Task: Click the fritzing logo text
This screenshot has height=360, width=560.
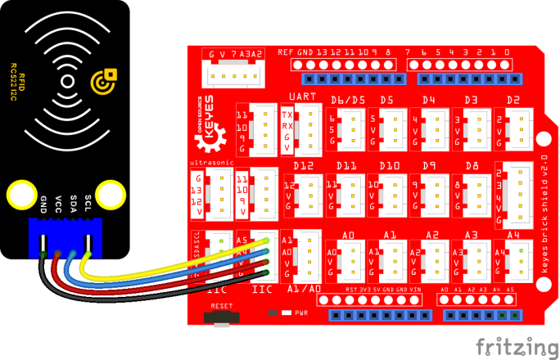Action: pos(513,342)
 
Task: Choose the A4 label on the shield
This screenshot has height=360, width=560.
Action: pos(513,235)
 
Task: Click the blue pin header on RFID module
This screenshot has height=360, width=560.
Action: pos(65,238)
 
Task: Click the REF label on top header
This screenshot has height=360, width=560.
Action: pos(285,52)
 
